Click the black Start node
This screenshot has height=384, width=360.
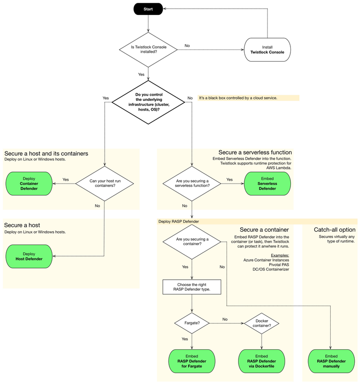(149, 9)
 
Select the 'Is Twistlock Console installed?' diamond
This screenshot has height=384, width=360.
(149, 49)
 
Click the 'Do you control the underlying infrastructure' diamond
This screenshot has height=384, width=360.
(149, 102)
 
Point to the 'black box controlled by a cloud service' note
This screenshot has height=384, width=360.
(248, 98)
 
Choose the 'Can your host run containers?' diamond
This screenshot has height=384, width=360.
(104, 183)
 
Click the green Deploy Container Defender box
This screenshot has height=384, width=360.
(29, 183)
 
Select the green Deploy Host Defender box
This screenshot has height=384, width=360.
(29, 256)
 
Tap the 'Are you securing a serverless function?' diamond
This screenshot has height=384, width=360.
(192, 183)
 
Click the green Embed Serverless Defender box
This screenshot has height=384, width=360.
(267, 183)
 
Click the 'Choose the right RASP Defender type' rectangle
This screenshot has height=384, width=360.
(192, 287)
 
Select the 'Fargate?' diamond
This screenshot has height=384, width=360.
(192, 323)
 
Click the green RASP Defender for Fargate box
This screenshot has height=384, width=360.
(192, 361)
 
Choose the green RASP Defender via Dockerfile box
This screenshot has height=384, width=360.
(262, 361)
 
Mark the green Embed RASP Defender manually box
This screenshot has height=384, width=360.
(331, 361)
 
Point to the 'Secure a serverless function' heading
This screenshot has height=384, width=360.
(255, 153)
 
